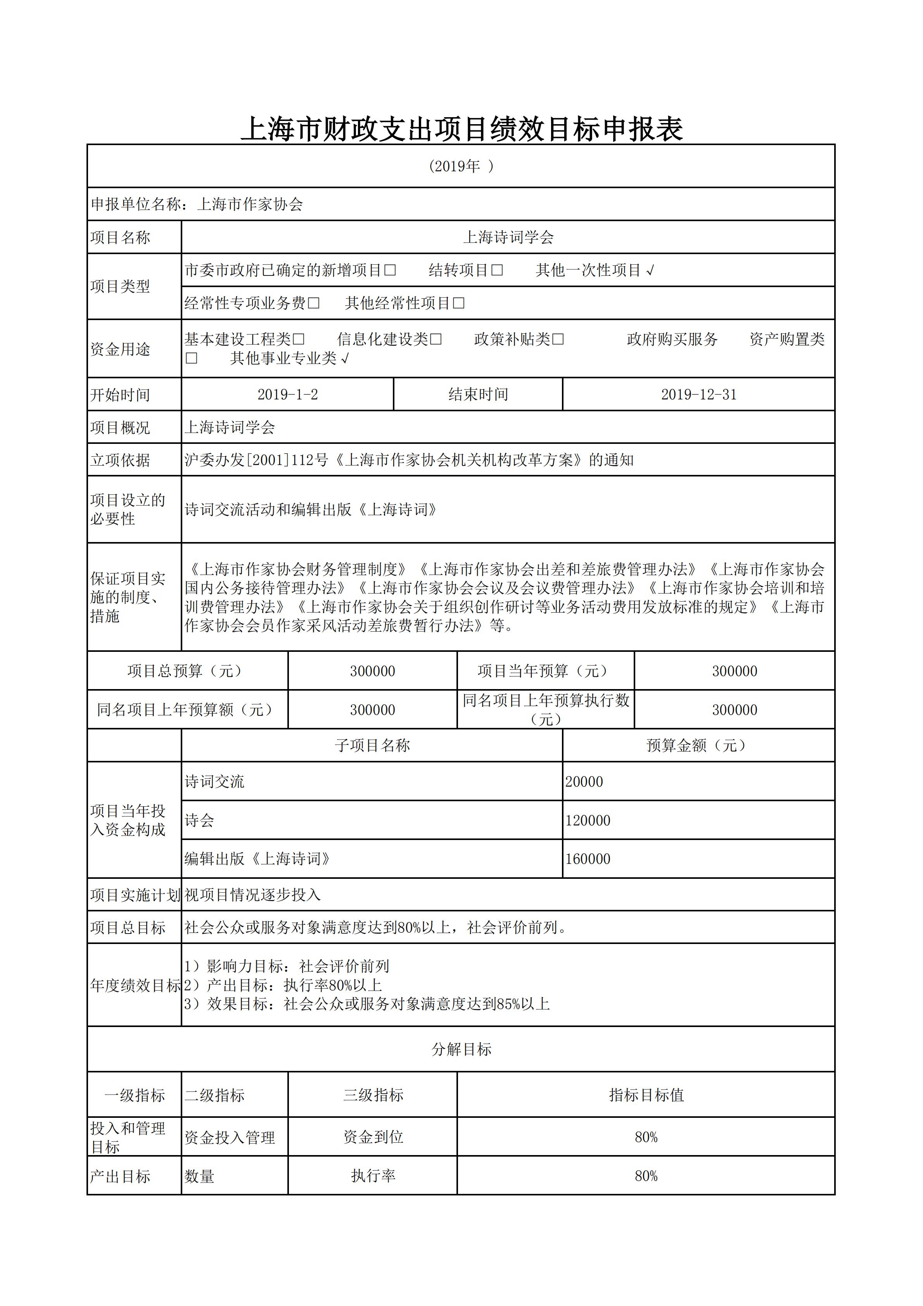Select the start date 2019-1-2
[287, 395]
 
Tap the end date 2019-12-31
[698, 395]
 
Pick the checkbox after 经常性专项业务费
[313, 303]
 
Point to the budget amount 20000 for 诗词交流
[584, 781]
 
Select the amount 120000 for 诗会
[588, 820]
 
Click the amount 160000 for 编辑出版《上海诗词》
[588, 859]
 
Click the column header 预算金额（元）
[698, 745]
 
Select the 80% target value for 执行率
[646, 1176]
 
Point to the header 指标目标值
[646, 1095]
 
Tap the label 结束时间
[478, 395]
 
